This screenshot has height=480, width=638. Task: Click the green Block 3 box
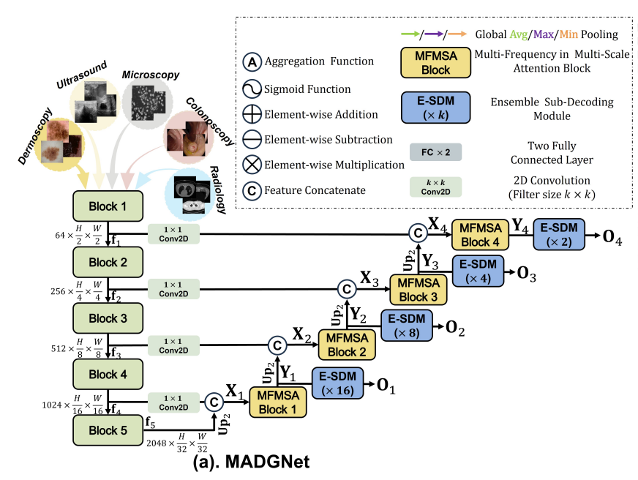coord(108,318)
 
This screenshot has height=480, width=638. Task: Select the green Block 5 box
coord(108,431)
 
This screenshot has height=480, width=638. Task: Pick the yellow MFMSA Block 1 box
coord(279,402)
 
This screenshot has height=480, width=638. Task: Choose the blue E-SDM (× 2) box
coord(560,234)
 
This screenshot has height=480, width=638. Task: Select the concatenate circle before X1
coord(214,402)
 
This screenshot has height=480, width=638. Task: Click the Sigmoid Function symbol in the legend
coord(250,89)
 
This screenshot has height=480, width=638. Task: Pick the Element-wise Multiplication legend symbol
coord(250,164)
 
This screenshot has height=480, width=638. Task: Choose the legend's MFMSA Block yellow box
coord(435,62)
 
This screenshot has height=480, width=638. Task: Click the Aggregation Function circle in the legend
coord(250,62)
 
